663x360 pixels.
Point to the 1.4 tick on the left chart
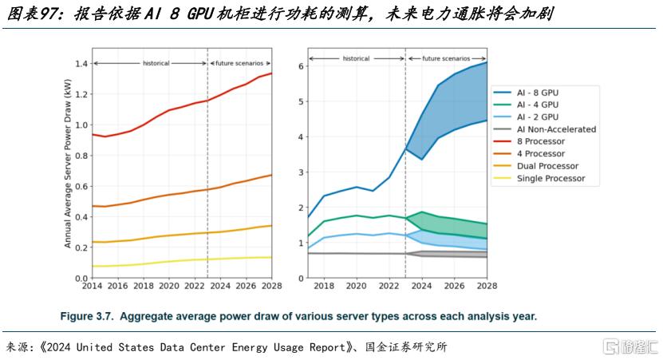pos(80,64)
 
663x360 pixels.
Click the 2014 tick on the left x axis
pos(92,286)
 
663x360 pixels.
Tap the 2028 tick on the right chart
pos(487,286)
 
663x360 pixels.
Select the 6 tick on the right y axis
pos(301,66)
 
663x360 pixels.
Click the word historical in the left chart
pos(156,62)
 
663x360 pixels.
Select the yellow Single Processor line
pos(160,262)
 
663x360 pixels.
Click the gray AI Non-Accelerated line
pos(359,253)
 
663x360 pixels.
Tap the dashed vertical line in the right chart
pos(405,200)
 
